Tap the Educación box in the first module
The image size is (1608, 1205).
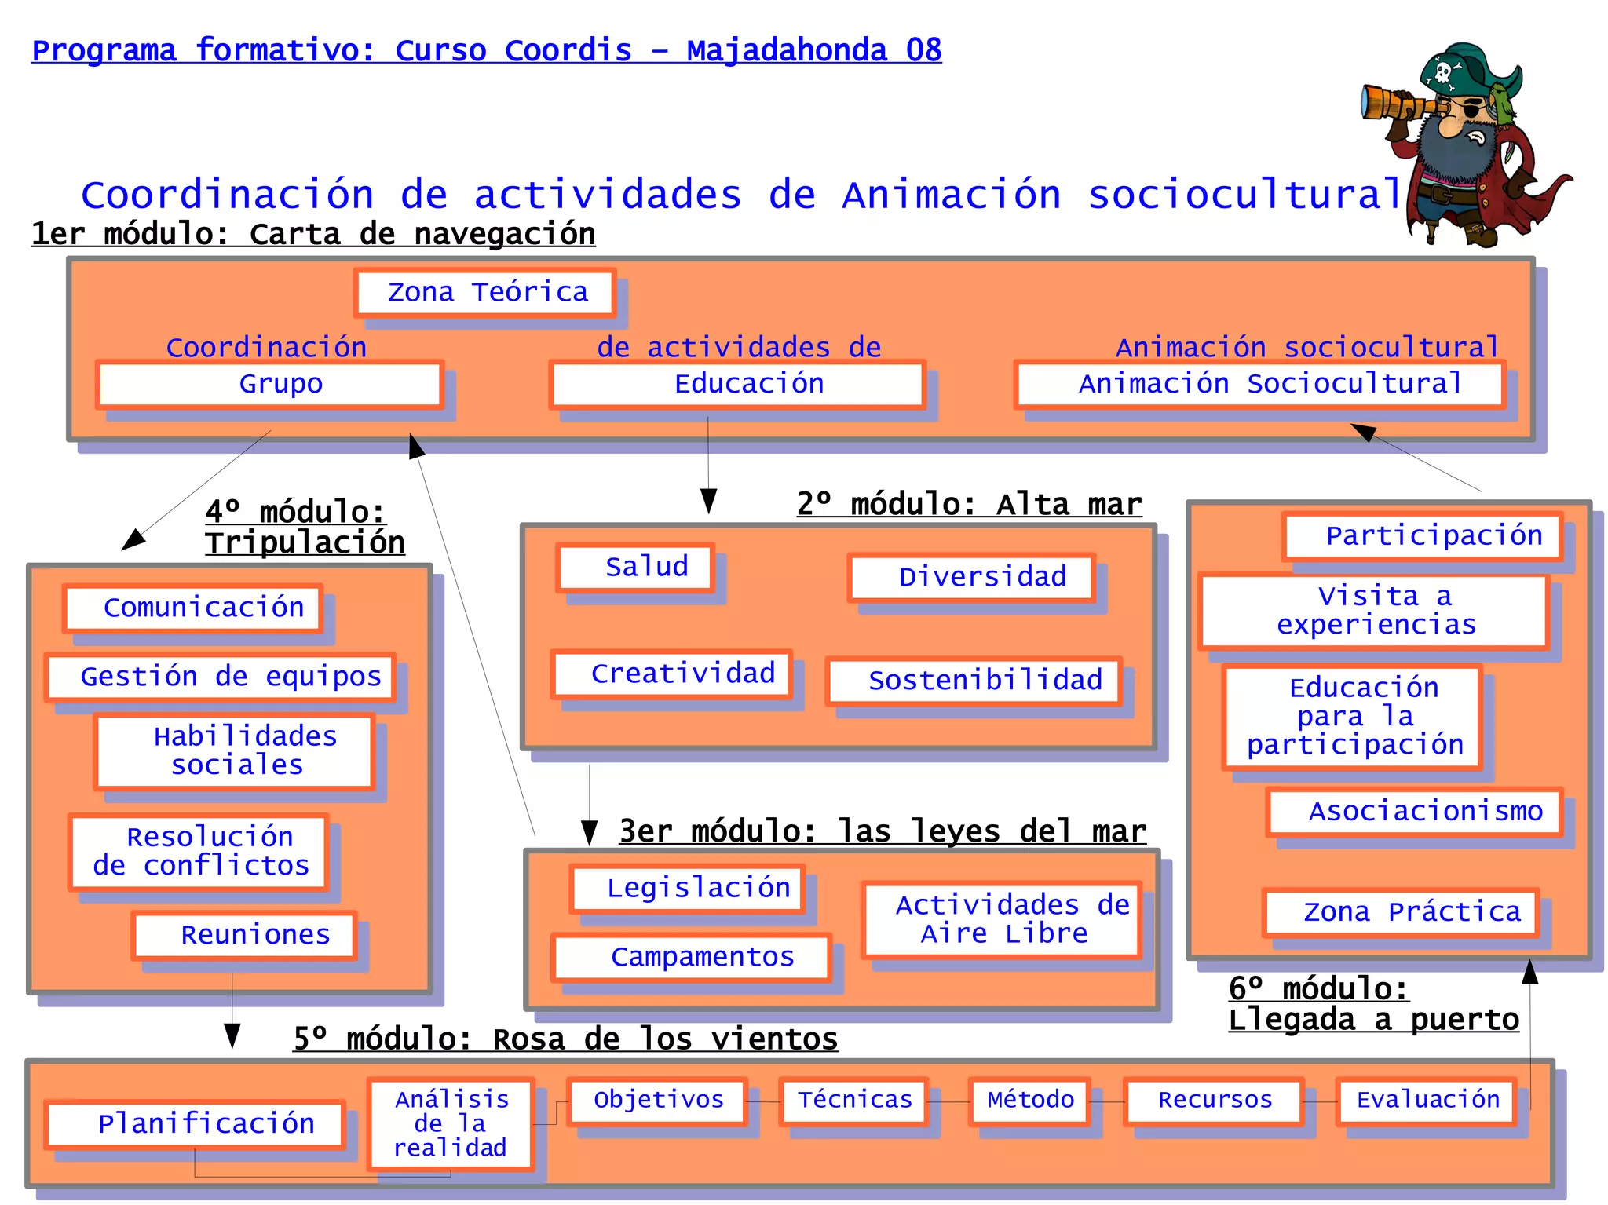pyautogui.click(x=738, y=385)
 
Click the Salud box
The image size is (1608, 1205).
pyautogui.click(x=636, y=567)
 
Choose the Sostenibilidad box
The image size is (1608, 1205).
pyautogui.click(x=974, y=681)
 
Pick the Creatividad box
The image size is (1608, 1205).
pyautogui.click(x=672, y=674)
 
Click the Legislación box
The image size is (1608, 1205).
pyautogui.click(x=689, y=889)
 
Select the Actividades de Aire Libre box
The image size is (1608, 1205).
pyautogui.click(x=1002, y=920)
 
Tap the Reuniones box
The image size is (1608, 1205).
pyautogui.click(x=245, y=935)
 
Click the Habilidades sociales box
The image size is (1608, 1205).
pyautogui.click(x=235, y=750)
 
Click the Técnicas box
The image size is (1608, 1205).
pyautogui.click(x=854, y=1101)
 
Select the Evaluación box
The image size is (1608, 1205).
pyautogui.click(x=1427, y=1101)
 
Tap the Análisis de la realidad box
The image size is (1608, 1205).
pyautogui.click(x=451, y=1123)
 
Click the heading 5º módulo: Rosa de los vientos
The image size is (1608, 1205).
pyautogui.click(x=565, y=1039)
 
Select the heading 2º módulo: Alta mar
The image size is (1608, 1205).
pyautogui.click(x=969, y=504)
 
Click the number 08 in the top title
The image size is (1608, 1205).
pyautogui.click(x=923, y=50)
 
